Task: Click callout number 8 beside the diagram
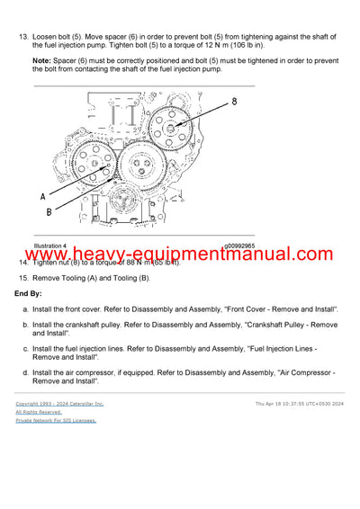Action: coord(235,102)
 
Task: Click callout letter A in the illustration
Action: coord(42,195)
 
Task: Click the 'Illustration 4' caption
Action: coord(49,246)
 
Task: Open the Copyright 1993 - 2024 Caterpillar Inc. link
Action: coord(59,404)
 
